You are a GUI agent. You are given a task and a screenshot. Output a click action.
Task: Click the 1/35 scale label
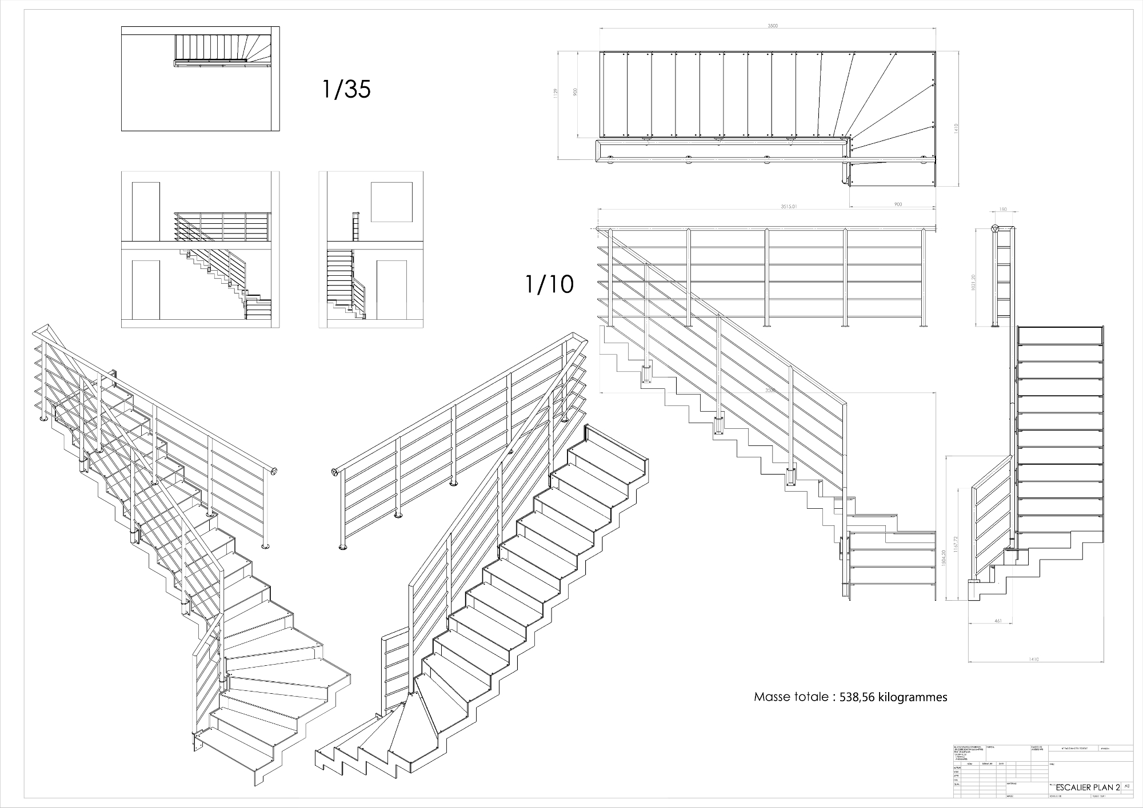pos(346,89)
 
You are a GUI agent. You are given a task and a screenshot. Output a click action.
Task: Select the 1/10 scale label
pos(549,284)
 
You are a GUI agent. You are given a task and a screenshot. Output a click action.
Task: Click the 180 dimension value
pos(1003,210)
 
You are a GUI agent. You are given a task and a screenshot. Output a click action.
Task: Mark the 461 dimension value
pos(998,621)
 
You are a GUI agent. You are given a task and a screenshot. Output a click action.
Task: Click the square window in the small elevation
pos(391,202)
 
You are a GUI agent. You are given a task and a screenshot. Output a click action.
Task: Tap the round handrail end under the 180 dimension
pos(995,229)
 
